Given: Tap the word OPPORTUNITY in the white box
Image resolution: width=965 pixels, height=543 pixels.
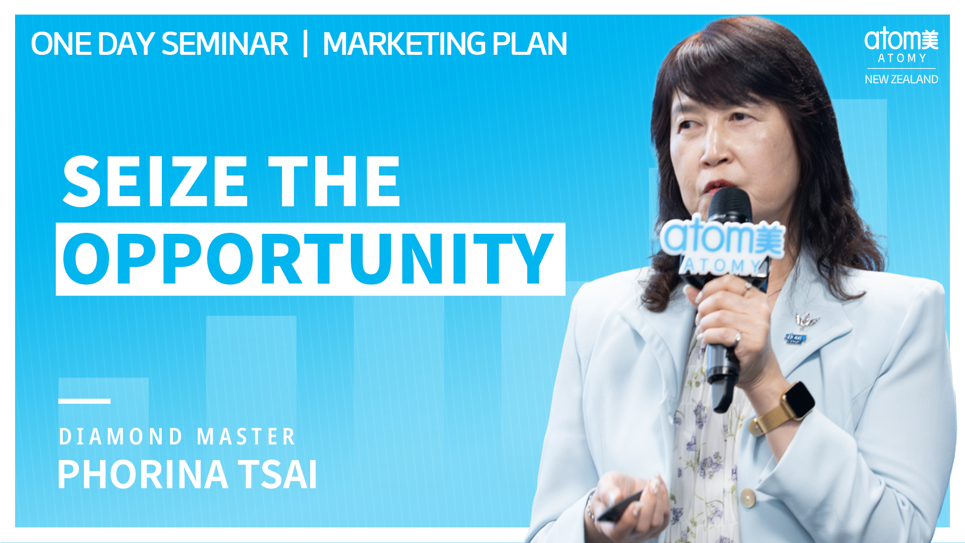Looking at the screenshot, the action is [x=308, y=259].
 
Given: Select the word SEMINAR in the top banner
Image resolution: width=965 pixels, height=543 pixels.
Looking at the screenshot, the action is [x=225, y=44].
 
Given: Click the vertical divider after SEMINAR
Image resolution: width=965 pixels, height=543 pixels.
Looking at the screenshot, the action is [x=305, y=44].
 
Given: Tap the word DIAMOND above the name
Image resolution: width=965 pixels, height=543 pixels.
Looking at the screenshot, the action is [x=121, y=436].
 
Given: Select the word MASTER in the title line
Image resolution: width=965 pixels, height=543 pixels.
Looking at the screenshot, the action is [x=246, y=436].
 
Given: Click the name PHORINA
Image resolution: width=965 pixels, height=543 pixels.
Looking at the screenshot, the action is [x=143, y=474].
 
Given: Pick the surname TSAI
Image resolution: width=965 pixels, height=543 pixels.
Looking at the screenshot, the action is [x=278, y=474].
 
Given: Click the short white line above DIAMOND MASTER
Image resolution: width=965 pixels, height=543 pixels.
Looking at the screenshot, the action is [x=84, y=401].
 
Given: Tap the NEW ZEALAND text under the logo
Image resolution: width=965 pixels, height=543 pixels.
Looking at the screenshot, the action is [x=901, y=79].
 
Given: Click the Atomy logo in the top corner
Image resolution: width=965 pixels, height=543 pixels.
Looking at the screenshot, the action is [x=901, y=46].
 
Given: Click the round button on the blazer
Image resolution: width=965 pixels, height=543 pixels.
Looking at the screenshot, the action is [x=748, y=498].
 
